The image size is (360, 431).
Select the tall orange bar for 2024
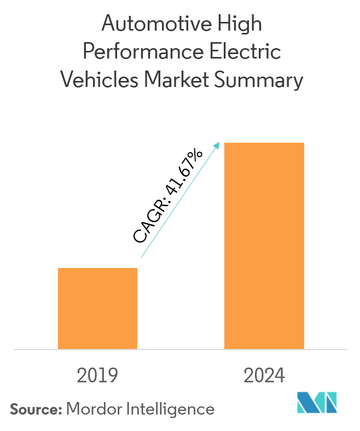[264, 246]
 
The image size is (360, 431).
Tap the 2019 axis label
[98, 376]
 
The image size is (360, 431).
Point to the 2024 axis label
[264, 376]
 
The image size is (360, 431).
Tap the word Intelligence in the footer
[167, 409]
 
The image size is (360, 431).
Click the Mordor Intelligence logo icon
[317, 403]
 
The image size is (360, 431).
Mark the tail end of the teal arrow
[141, 257]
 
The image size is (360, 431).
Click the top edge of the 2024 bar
[264, 143]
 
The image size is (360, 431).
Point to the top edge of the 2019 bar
[97, 268]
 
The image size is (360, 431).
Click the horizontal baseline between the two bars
[181, 349]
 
